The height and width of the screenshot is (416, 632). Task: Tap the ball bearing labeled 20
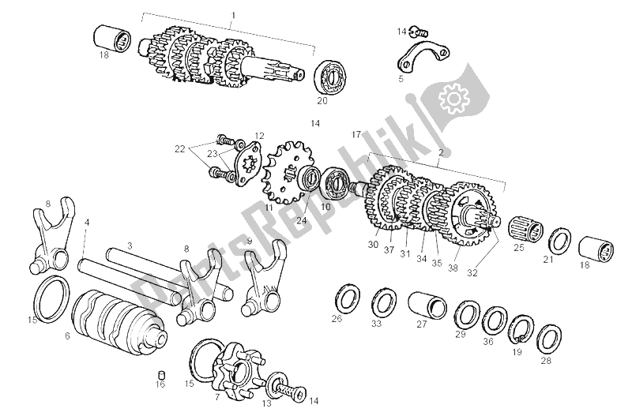click(x=328, y=77)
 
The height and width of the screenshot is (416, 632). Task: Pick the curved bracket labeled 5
click(x=423, y=55)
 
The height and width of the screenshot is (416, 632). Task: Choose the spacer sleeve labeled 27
click(x=427, y=308)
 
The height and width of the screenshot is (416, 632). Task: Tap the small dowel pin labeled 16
click(x=161, y=374)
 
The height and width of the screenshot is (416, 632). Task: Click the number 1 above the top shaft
click(x=233, y=16)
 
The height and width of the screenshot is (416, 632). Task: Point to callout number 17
click(x=356, y=134)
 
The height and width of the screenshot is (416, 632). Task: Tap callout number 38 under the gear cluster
click(x=453, y=268)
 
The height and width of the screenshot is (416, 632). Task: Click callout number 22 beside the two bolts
click(x=180, y=149)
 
